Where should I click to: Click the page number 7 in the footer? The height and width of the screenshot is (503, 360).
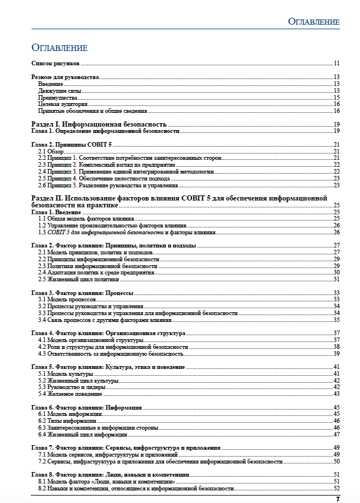[x=338, y=499]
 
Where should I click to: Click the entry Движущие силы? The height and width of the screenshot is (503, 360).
[x=60, y=91]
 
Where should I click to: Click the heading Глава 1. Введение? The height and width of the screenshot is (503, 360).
[x=56, y=212]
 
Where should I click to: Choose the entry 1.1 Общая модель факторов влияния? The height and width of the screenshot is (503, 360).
[x=85, y=219]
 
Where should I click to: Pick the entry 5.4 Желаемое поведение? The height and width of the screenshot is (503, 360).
[x=70, y=394]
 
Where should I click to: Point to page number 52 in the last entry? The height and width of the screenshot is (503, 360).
[x=338, y=488]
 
